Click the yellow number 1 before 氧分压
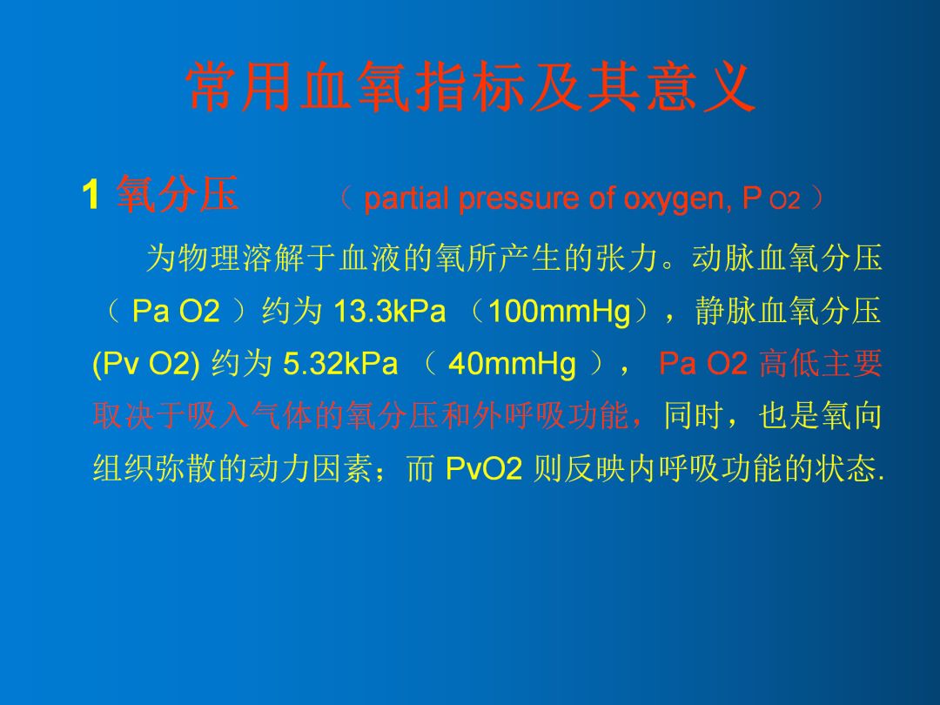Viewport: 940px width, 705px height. pyautogui.click(x=88, y=196)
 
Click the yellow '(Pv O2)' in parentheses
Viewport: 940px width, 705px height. pyautogui.click(x=148, y=363)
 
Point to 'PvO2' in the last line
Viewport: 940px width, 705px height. pyautogui.click(x=483, y=469)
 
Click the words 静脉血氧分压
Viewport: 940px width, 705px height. pyautogui.click(x=789, y=311)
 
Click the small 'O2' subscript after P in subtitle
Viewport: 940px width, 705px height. pyautogui.click(x=783, y=202)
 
